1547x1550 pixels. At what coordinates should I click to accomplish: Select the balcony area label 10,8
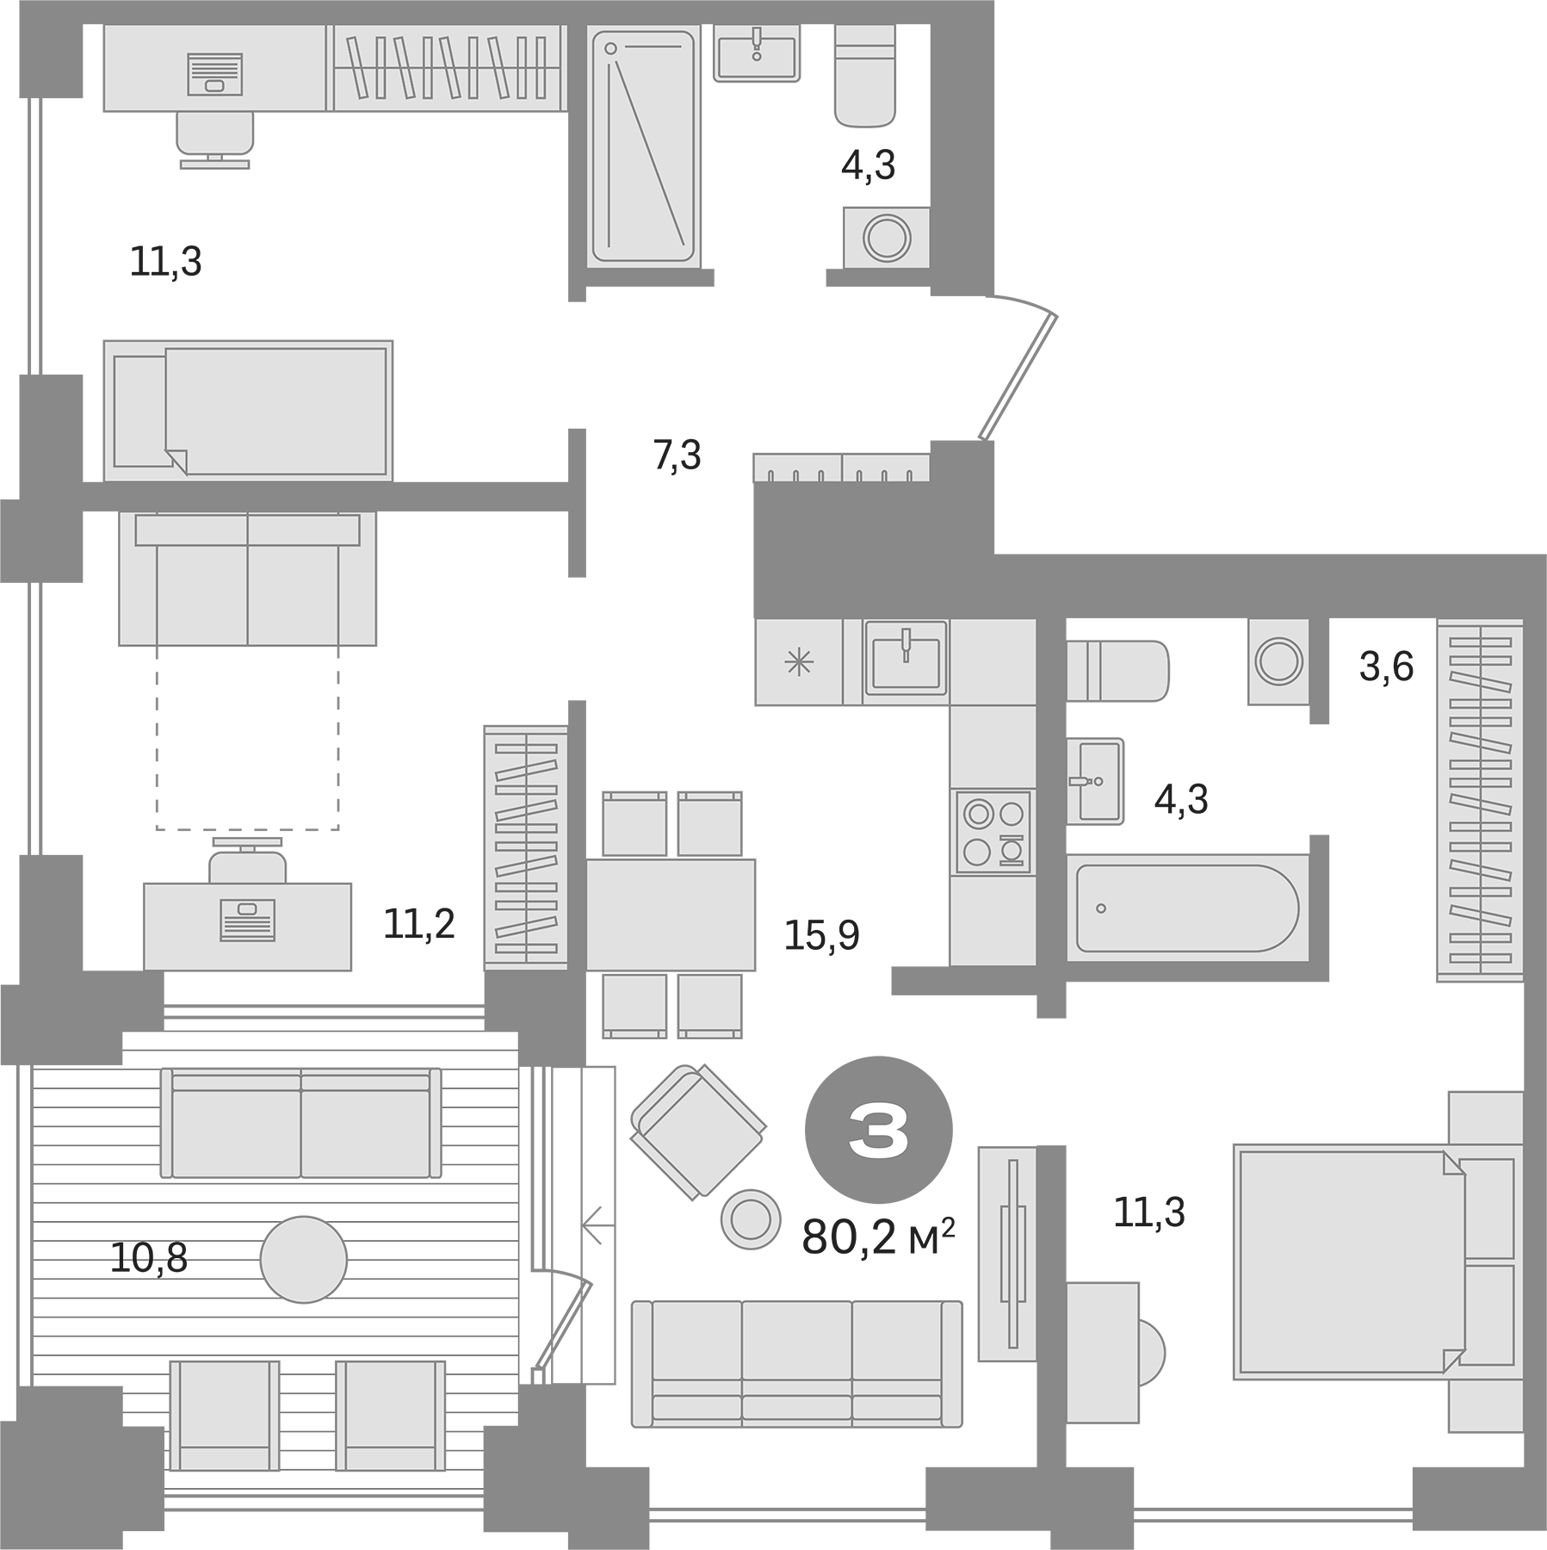click(x=148, y=1259)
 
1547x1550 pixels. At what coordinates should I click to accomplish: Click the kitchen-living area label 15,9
click(x=821, y=935)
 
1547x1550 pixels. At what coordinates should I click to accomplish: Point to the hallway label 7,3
click(x=678, y=456)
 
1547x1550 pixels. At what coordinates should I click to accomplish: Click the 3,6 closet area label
click(x=1386, y=666)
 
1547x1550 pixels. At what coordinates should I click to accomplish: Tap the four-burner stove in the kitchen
click(x=993, y=833)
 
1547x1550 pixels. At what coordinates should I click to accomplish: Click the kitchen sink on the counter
click(x=906, y=657)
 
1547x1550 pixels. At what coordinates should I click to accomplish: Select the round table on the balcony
click(x=303, y=1259)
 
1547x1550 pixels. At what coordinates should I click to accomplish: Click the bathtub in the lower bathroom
click(x=1186, y=908)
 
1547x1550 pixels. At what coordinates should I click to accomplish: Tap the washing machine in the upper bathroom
click(x=886, y=237)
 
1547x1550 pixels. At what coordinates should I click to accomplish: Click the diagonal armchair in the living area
click(x=698, y=1131)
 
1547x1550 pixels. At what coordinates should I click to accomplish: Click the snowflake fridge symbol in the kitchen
click(x=799, y=663)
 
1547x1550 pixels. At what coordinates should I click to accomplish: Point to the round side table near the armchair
click(x=749, y=1218)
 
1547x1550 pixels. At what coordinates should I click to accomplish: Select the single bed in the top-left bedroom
click(x=248, y=411)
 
